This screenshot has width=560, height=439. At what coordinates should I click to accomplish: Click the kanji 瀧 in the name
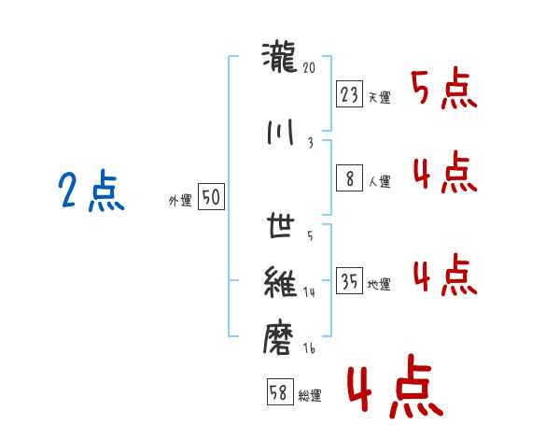click(280, 57)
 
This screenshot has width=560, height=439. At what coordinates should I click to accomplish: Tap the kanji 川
click(280, 133)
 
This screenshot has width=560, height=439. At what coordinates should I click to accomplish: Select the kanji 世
click(281, 225)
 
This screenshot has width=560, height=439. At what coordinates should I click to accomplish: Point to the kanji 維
click(280, 282)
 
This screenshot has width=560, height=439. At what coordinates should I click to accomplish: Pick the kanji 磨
click(278, 338)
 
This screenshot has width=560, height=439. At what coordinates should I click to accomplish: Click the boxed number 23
click(349, 94)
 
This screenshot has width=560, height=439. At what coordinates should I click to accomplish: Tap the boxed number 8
click(349, 177)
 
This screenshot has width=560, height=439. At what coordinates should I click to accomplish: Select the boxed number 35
click(349, 280)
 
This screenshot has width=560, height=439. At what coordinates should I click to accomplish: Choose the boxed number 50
click(211, 197)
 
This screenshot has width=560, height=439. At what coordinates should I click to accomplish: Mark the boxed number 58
click(280, 391)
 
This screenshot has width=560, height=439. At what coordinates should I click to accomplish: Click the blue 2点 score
click(91, 191)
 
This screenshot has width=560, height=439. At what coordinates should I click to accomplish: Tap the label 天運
click(380, 97)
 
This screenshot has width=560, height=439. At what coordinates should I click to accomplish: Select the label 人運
click(380, 181)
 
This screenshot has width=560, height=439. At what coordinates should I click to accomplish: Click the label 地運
click(379, 284)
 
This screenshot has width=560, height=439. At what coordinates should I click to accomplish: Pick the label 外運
click(180, 201)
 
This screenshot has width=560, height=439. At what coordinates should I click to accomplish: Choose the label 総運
click(310, 396)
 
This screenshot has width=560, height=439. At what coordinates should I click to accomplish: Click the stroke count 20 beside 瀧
click(309, 67)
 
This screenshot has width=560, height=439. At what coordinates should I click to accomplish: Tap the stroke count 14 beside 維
click(309, 292)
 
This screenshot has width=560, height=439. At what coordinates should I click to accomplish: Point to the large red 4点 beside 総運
click(396, 387)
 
